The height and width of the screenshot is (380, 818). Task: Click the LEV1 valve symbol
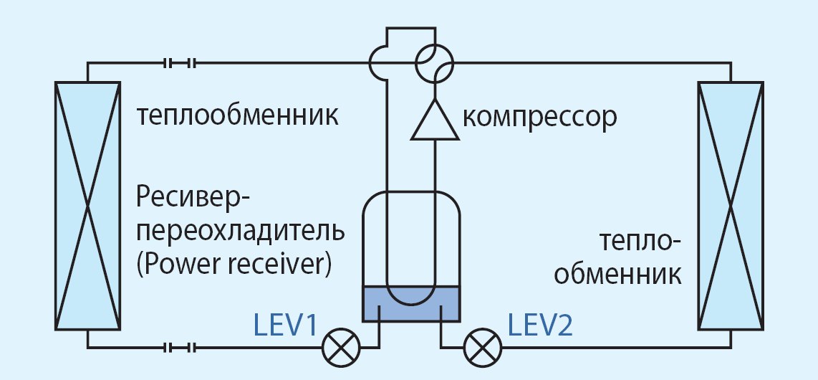point(341,348)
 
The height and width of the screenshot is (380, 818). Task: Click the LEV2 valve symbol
point(483,348)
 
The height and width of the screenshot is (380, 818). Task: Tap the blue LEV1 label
point(286,326)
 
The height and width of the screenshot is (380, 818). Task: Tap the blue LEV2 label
point(540,326)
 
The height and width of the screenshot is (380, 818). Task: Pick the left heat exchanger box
point(87,206)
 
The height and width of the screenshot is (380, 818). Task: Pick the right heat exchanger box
point(731,206)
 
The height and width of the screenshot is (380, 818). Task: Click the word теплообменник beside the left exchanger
point(238,116)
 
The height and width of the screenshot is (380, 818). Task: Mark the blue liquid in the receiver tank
point(411,304)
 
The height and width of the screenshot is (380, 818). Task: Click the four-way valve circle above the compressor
point(435,64)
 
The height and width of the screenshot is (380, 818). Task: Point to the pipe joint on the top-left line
point(180,63)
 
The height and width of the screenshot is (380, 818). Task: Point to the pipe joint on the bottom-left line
point(180,348)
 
